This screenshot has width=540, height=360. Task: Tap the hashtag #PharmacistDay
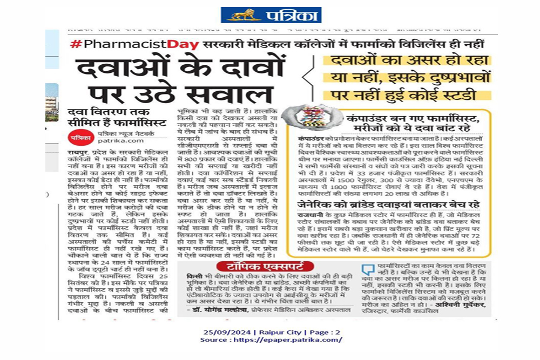pos(135,45)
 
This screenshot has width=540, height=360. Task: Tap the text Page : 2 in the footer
pos(326,331)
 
